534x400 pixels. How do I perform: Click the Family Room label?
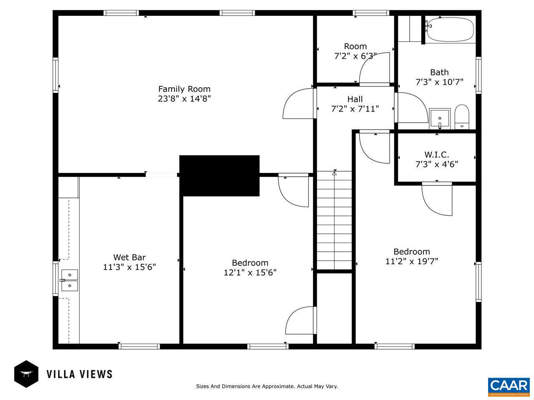184,89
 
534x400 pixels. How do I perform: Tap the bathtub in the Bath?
450,29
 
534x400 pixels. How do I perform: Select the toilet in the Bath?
462,117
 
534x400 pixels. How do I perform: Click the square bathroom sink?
440,118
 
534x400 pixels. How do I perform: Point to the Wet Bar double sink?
69,280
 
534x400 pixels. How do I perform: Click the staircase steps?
334,221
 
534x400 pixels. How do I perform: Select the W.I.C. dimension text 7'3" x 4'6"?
436,164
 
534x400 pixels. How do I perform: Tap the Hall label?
355,99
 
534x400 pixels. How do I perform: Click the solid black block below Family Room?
219,175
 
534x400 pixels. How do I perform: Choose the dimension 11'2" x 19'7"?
411,261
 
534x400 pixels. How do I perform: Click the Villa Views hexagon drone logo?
26,374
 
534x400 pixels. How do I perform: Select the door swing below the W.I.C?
437,199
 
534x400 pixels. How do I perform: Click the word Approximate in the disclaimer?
277,386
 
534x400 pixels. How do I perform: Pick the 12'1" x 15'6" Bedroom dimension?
250,272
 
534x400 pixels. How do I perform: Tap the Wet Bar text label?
129,257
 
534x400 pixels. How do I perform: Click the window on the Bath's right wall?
478,75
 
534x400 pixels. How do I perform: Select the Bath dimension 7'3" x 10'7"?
439,82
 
